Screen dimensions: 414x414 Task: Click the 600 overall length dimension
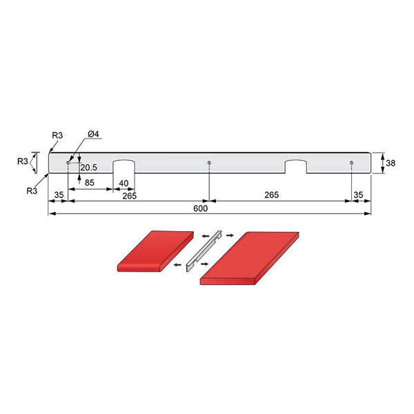point(200,208)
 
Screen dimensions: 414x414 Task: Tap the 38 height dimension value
point(391,164)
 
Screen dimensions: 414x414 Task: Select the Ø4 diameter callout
point(95,133)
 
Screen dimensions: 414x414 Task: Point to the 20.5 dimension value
point(88,168)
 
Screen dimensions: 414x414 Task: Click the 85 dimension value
point(89,183)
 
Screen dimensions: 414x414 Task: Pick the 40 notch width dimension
point(124,183)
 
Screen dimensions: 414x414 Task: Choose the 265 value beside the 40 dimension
point(129,196)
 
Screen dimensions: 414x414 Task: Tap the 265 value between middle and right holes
point(270,195)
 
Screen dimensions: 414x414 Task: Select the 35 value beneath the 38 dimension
point(357,195)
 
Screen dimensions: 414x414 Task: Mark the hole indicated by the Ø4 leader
point(68,163)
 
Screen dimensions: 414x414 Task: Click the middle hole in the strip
point(208,163)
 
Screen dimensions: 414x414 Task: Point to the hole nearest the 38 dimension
point(351,163)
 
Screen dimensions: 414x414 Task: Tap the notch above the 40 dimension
point(124,166)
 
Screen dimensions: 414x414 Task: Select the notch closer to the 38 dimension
point(296,166)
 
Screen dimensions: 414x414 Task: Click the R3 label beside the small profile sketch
point(22,161)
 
